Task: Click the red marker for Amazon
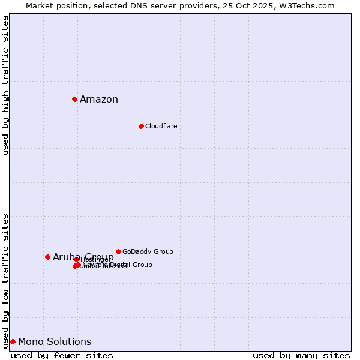(74, 99)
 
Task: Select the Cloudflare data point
(141, 126)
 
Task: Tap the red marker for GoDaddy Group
(118, 251)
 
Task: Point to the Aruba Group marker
(47, 257)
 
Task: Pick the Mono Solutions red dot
(13, 341)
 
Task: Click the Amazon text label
(99, 100)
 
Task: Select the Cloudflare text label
(161, 126)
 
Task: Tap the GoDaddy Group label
(148, 251)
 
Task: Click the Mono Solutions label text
(55, 342)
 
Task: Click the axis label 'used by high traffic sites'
(6, 85)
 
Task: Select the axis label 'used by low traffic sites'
(6, 280)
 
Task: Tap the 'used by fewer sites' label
(62, 355)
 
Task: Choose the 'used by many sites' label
(301, 355)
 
